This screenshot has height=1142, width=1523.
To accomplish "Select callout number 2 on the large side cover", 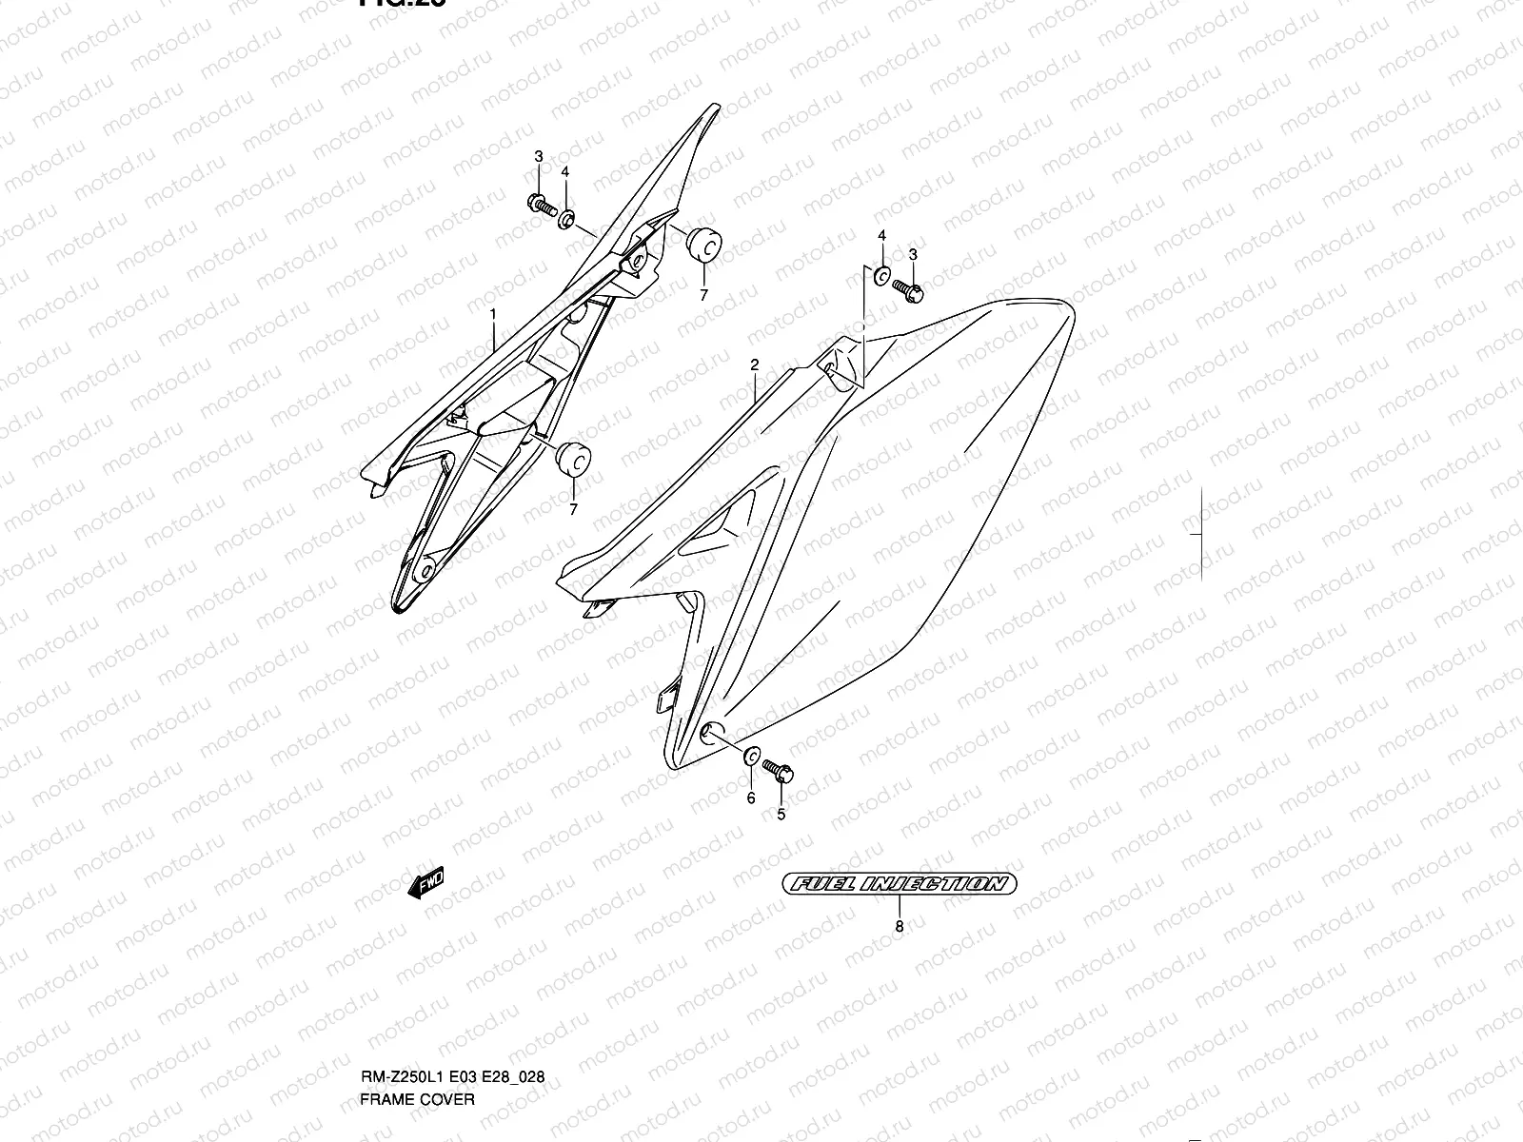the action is click(754, 364).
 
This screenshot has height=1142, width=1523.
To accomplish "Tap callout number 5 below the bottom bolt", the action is click(781, 815).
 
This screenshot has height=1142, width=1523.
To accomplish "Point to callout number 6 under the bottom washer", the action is click(750, 797).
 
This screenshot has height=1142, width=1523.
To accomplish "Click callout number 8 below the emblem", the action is click(899, 926).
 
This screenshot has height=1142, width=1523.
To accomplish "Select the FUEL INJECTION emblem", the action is click(899, 884).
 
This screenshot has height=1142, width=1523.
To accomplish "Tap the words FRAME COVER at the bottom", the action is click(417, 1020).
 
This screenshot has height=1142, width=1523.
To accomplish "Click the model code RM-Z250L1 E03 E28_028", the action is click(452, 998).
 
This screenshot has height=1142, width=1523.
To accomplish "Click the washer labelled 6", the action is click(750, 758).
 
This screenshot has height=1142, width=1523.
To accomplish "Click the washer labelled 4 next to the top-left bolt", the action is click(565, 220).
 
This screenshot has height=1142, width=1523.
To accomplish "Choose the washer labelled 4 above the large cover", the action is click(881, 277).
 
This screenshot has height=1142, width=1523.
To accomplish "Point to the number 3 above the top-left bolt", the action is click(538, 156).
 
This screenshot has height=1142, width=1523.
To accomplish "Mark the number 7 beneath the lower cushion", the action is click(573, 510).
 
